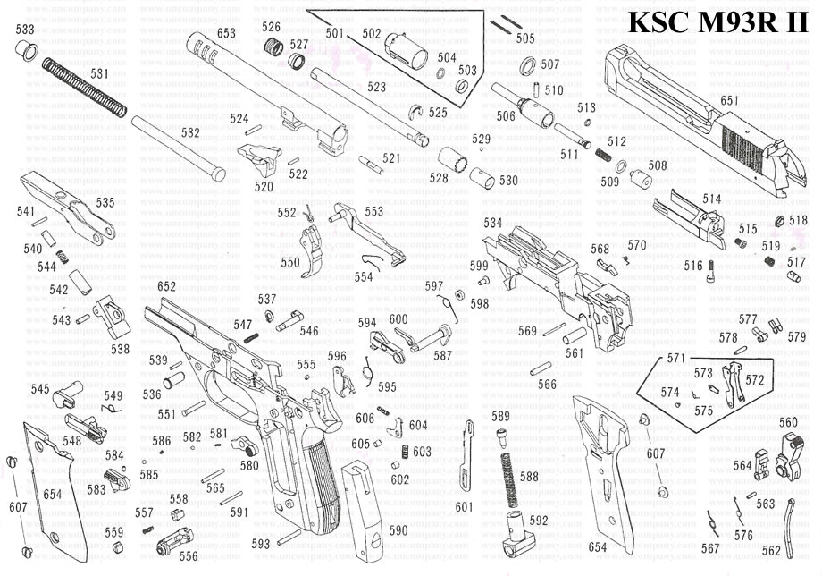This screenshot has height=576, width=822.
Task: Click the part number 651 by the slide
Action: [729, 101]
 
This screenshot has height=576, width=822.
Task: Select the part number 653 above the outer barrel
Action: [226, 33]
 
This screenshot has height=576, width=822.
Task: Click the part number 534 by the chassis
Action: [492, 222]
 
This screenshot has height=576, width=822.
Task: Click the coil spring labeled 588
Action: [508, 474]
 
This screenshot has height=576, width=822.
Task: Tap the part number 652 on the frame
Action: [166, 287]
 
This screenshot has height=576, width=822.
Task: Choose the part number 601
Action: [463, 506]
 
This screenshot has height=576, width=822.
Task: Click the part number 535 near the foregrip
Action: [105, 203]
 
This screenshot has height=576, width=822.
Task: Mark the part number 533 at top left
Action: [26, 30]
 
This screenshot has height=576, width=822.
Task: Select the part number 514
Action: [711, 199]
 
